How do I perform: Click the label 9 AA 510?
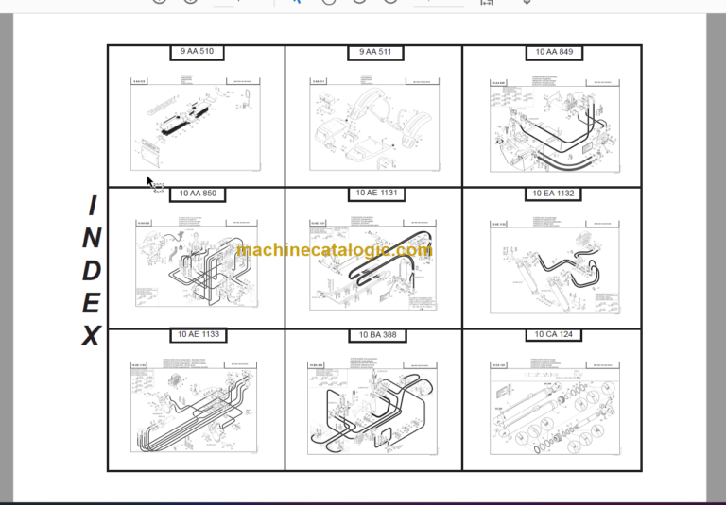(x=197, y=53)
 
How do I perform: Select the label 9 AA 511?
(x=374, y=53)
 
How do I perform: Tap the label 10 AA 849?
(x=553, y=53)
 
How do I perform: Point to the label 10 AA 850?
(x=197, y=194)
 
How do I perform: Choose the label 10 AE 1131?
(x=375, y=194)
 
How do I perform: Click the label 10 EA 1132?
(x=553, y=194)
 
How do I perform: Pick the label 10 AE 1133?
(x=197, y=335)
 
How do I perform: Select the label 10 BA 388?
(x=374, y=335)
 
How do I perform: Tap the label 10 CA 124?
(x=553, y=335)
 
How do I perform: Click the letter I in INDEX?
(x=92, y=205)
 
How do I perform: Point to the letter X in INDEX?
(x=91, y=335)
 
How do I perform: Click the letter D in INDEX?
(x=91, y=270)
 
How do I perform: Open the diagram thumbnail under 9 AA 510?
(x=196, y=124)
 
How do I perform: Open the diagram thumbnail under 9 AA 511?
(x=374, y=124)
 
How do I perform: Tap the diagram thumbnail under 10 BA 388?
(x=374, y=406)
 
